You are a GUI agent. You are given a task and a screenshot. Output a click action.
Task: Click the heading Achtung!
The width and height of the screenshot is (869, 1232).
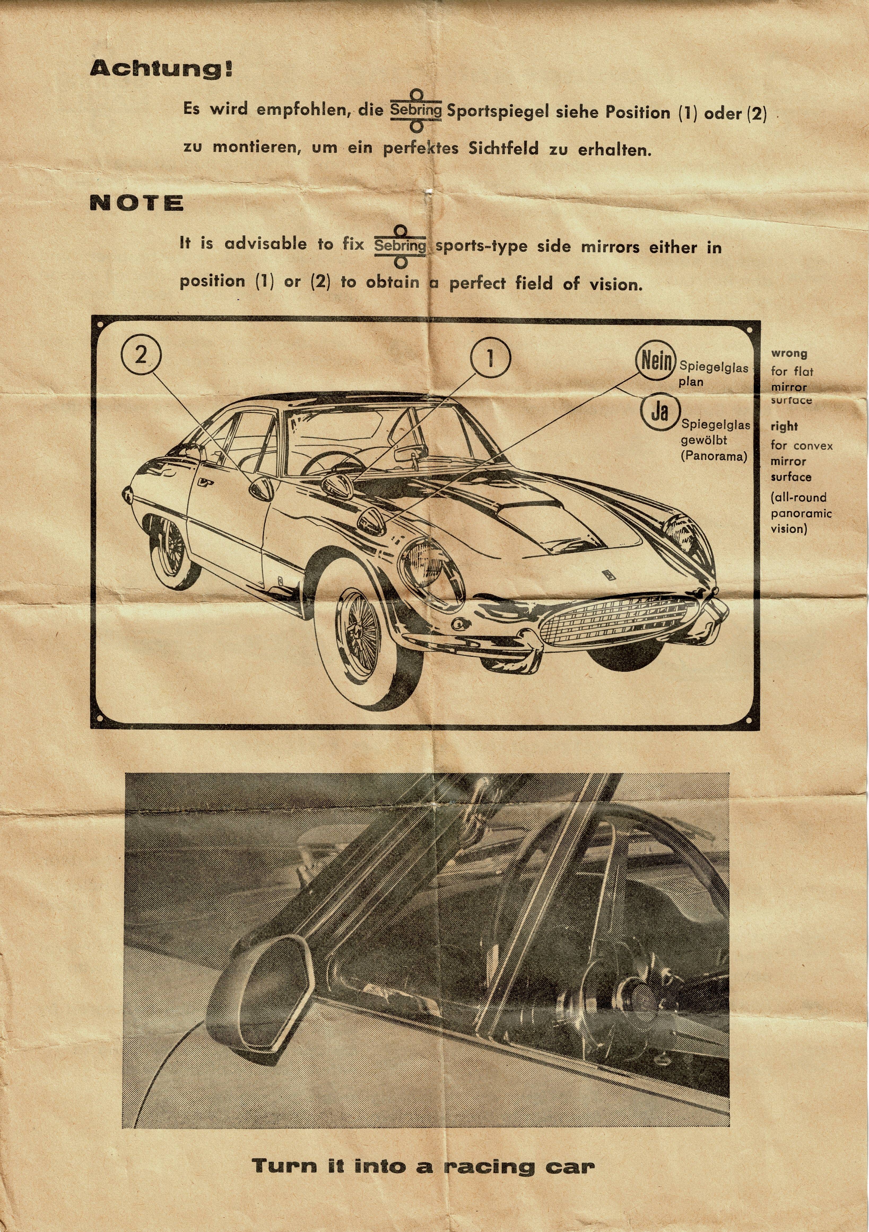[161, 69]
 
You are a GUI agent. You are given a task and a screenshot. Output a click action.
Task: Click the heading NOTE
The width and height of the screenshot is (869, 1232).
[136, 203]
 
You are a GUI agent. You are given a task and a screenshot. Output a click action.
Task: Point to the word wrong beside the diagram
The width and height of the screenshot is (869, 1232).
[789, 354]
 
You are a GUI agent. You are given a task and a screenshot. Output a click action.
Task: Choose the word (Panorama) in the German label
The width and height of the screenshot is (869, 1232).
[714, 457]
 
